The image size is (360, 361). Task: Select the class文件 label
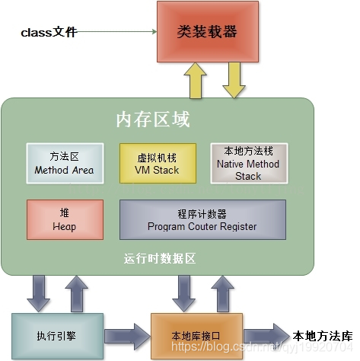pos(49,33)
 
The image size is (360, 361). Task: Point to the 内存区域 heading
pos(152,120)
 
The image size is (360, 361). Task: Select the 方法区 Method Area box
pos(64,163)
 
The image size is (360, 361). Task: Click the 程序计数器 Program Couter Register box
pos(202,220)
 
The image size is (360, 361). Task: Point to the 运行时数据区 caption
pos(160,258)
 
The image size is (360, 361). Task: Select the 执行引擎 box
pos(56,334)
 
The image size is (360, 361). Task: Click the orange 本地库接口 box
pos(196,334)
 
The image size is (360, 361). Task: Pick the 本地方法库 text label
pos(323,335)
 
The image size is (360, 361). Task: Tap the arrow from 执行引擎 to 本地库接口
pos(125,334)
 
